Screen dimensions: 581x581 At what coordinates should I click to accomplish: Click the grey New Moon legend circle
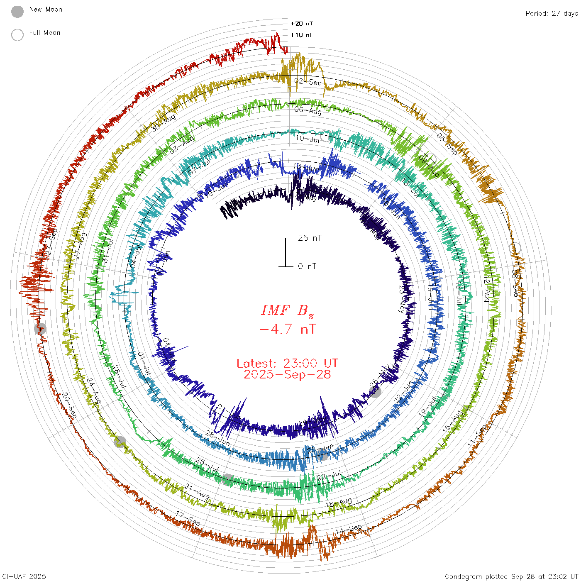click(x=17, y=12)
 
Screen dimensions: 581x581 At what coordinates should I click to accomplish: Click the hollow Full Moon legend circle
click(x=17, y=35)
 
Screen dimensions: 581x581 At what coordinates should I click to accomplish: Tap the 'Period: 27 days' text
click(x=552, y=14)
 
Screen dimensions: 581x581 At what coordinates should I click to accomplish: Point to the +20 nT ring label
click(x=302, y=24)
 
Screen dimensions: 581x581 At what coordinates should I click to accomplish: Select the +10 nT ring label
click(x=302, y=35)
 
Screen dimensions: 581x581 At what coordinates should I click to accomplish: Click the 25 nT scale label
click(x=310, y=238)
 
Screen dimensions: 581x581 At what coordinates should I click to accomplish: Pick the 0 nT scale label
click(x=307, y=266)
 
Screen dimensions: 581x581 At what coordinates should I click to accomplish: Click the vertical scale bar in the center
click(x=286, y=252)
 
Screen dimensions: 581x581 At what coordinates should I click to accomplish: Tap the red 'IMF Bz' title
click(x=287, y=310)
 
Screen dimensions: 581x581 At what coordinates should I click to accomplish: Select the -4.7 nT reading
click(x=287, y=329)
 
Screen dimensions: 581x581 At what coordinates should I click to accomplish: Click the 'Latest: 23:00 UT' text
click(x=287, y=364)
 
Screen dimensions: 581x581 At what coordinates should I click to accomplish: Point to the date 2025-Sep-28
click(x=287, y=374)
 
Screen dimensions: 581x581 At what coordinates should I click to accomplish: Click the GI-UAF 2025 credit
click(x=24, y=576)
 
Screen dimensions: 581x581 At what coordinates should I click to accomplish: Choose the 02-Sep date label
click(x=308, y=81)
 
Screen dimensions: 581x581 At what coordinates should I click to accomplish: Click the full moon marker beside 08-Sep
click(x=515, y=248)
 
